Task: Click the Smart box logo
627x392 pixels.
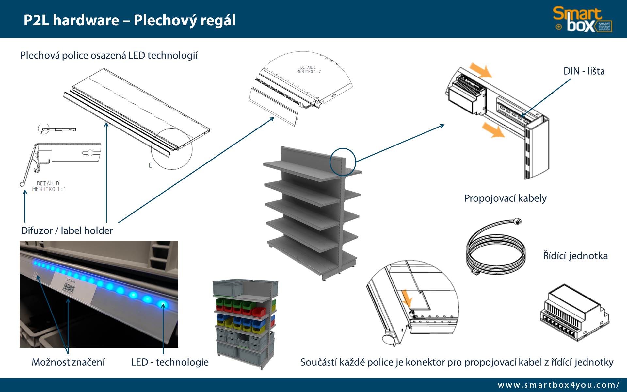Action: coord(582,20)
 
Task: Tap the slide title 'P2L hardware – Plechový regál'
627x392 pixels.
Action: coord(129,20)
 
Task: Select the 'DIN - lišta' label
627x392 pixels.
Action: coord(584,71)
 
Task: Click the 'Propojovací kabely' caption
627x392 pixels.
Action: coord(505,198)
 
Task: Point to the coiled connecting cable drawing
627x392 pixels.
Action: coord(495,247)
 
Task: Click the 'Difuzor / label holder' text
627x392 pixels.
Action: coord(67,230)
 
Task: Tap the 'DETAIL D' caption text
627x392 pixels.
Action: coord(48,183)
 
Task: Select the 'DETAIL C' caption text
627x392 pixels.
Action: coord(308,67)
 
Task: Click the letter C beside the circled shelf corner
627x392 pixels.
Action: coord(151,165)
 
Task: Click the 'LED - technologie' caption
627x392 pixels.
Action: coord(170,362)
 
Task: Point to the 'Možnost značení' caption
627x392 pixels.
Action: coord(68,362)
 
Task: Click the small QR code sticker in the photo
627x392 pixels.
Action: coord(35,275)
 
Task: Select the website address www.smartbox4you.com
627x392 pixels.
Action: coord(558,385)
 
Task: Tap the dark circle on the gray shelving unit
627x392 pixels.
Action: coord(342,162)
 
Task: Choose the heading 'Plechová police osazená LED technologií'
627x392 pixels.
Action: coord(109,55)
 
